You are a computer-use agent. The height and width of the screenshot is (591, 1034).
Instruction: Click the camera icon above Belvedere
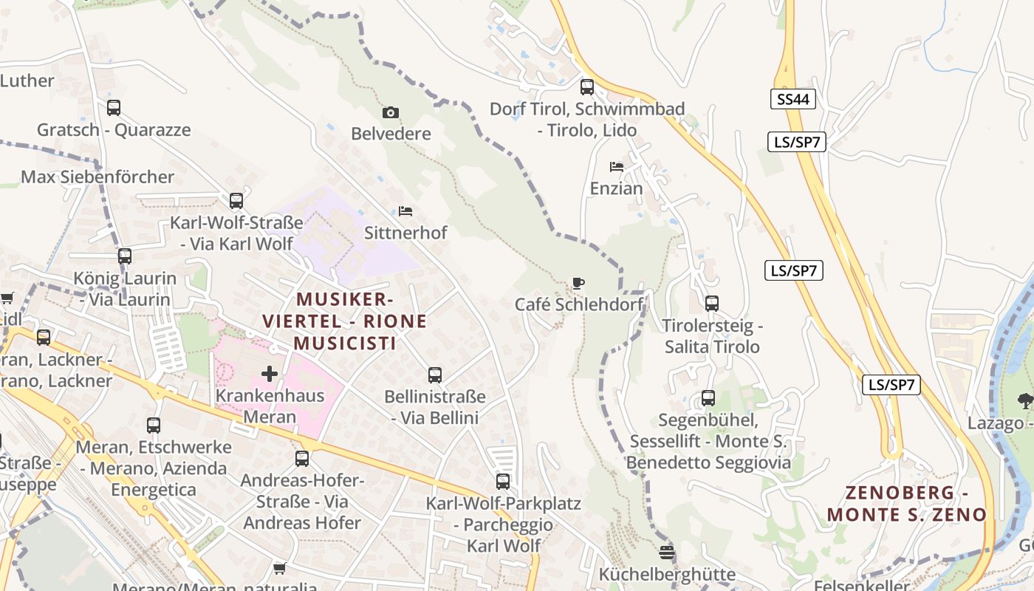(x=391, y=112)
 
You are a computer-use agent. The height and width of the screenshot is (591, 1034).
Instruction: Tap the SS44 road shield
(x=793, y=99)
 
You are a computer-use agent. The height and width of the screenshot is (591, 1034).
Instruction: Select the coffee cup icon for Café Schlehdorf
(x=578, y=283)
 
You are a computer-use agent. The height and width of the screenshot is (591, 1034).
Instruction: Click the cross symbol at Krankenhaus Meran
(x=270, y=374)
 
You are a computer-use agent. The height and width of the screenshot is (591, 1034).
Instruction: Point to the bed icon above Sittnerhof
(x=405, y=211)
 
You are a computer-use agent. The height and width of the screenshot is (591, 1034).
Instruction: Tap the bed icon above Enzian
(x=617, y=167)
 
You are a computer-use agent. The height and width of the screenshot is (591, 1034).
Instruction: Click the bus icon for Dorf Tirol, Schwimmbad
(x=587, y=87)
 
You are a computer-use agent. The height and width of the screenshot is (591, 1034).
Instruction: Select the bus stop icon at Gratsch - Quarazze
(x=114, y=108)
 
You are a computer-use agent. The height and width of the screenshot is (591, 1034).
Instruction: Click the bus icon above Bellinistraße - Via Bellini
(x=435, y=375)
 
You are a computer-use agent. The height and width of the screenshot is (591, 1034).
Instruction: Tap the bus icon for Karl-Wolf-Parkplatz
(x=503, y=482)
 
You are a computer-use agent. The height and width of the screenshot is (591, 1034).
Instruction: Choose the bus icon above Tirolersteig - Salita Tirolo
(x=712, y=304)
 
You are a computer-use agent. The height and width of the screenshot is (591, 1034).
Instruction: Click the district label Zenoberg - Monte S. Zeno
(x=906, y=504)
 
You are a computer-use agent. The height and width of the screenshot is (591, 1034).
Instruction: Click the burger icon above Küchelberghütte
(x=667, y=553)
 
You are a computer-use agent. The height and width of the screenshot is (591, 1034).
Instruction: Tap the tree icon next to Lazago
(x=1024, y=401)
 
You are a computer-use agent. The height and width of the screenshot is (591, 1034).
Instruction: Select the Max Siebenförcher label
(x=97, y=177)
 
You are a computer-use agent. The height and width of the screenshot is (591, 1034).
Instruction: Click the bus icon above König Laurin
(x=125, y=256)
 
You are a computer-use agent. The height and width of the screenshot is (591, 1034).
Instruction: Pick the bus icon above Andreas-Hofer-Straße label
(x=302, y=459)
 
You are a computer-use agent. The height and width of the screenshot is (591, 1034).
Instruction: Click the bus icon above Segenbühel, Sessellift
(x=708, y=398)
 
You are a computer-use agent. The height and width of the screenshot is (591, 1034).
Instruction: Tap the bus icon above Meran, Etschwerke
(x=154, y=426)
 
